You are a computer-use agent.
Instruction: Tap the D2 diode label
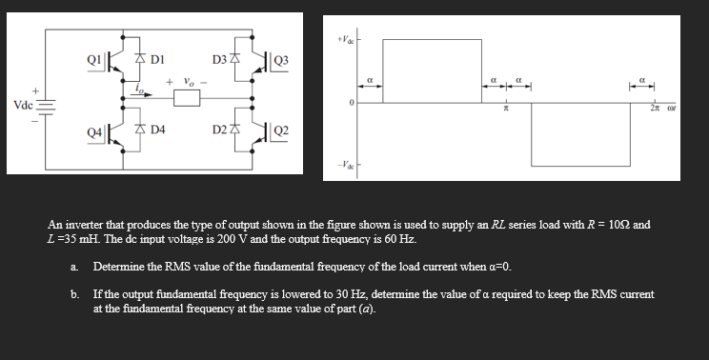click(x=218, y=128)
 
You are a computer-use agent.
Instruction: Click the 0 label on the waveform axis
click(x=351, y=103)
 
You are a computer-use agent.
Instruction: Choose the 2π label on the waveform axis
click(x=656, y=110)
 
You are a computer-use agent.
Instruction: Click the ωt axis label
click(x=673, y=110)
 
